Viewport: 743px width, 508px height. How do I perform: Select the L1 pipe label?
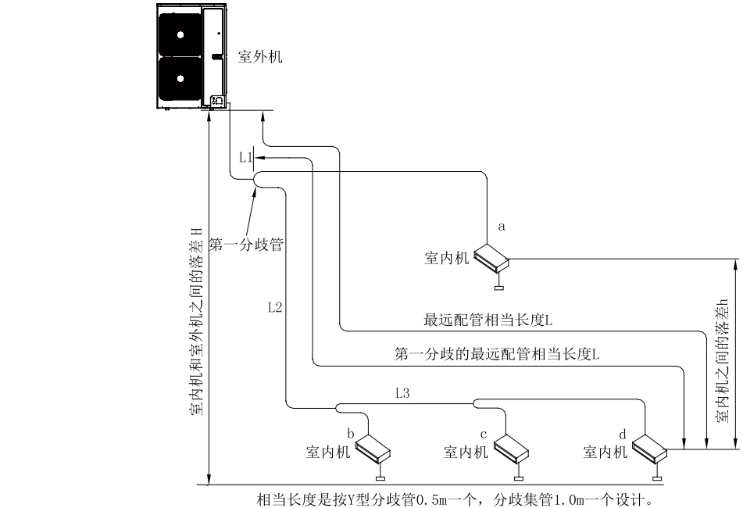[x=245, y=158]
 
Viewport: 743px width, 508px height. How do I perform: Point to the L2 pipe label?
[x=274, y=307]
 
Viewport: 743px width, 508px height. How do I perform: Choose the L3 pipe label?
[x=403, y=394]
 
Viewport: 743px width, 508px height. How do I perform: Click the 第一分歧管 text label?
[x=245, y=245]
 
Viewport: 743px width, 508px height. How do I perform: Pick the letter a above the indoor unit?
[x=502, y=226]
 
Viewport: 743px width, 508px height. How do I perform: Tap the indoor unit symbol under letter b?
[x=373, y=449]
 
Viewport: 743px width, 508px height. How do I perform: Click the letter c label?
[x=484, y=433]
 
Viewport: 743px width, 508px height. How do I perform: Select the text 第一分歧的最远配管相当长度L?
[x=498, y=354]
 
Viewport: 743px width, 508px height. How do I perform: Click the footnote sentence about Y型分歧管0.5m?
[x=455, y=498]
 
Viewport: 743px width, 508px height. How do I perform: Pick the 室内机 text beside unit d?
[x=605, y=452]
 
